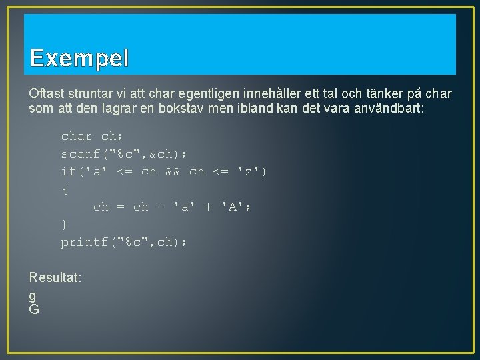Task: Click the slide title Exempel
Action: (x=79, y=59)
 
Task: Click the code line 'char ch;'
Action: (x=93, y=137)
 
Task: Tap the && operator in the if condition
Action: (x=173, y=172)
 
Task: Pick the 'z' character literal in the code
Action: (x=249, y=172)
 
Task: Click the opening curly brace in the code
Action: (x=65, y=189)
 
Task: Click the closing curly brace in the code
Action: (x=65, y=225)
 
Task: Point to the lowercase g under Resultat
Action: (x=33, y=295)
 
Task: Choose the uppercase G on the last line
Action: (x=34, y=309)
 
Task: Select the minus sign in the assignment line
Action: (x=161, y=207)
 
